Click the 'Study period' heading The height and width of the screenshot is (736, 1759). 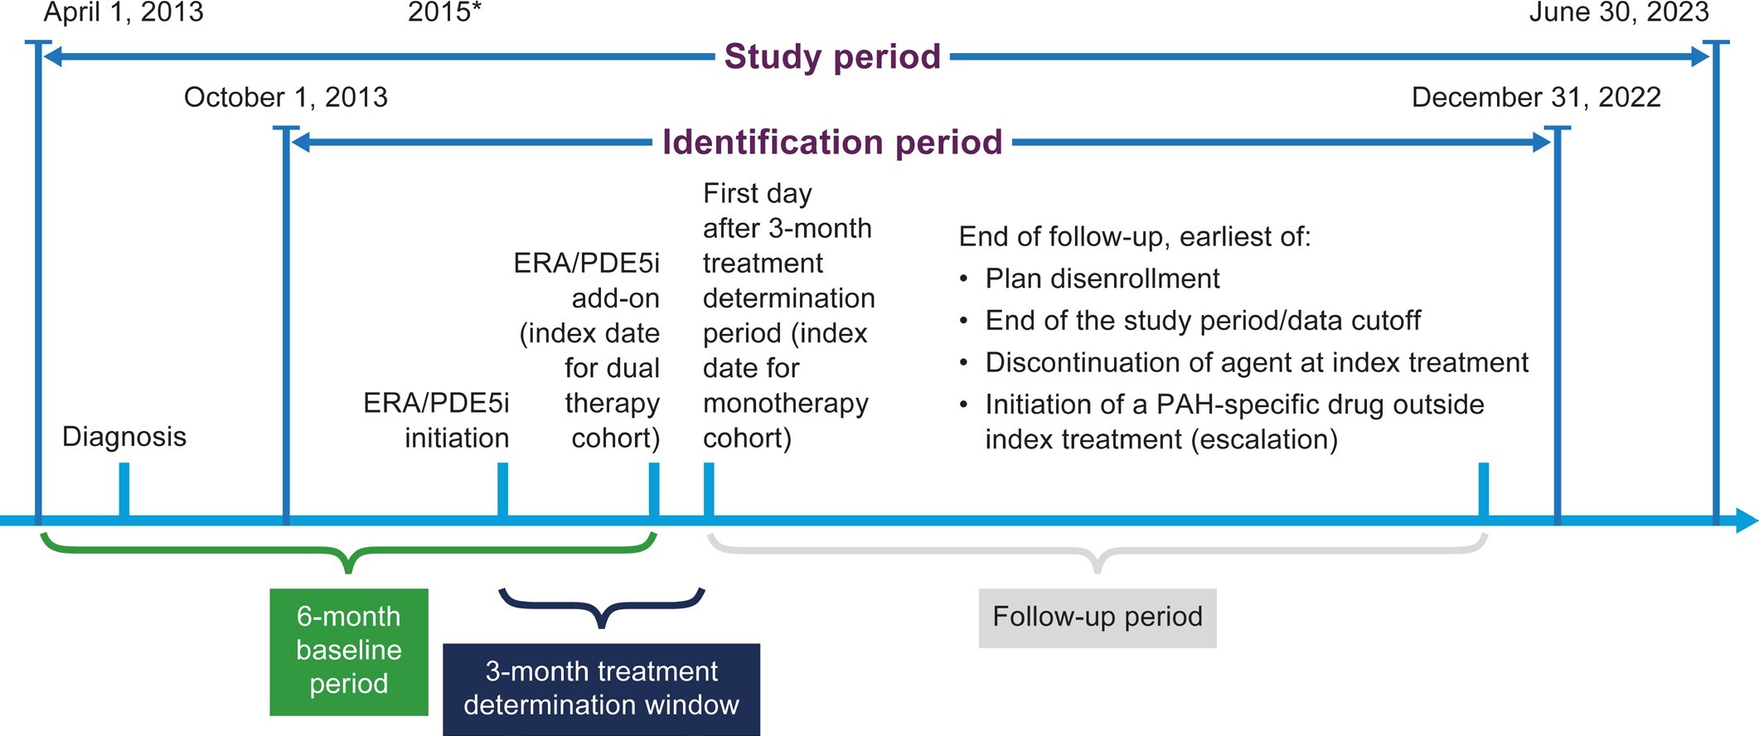[832, 56]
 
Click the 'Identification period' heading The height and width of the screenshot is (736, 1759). [832, 142]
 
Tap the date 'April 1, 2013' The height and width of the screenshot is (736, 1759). [124, 12]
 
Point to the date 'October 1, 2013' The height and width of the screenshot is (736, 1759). [286, 97]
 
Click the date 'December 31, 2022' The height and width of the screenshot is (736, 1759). [1536, 97]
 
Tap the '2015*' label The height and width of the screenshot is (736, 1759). [444, 12]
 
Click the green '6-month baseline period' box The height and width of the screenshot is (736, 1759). [349, 651]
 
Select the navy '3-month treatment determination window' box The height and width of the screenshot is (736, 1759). [601, 689]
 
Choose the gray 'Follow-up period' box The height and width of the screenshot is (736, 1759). [1097, 617]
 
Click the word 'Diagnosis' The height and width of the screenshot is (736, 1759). [124, 437]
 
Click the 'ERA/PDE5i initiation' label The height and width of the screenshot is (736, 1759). [437, 420]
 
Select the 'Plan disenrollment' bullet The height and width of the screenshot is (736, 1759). [1102, 279]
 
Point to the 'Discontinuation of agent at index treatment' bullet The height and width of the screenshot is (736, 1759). [1256, 363]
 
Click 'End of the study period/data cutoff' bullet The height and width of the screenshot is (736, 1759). [1203, 321]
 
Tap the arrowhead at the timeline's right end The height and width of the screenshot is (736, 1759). [1747, 521]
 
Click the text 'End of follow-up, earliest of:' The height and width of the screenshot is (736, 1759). [1134, 237]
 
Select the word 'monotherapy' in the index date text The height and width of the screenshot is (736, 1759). [785, 403]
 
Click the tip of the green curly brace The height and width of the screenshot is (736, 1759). [349, 571]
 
